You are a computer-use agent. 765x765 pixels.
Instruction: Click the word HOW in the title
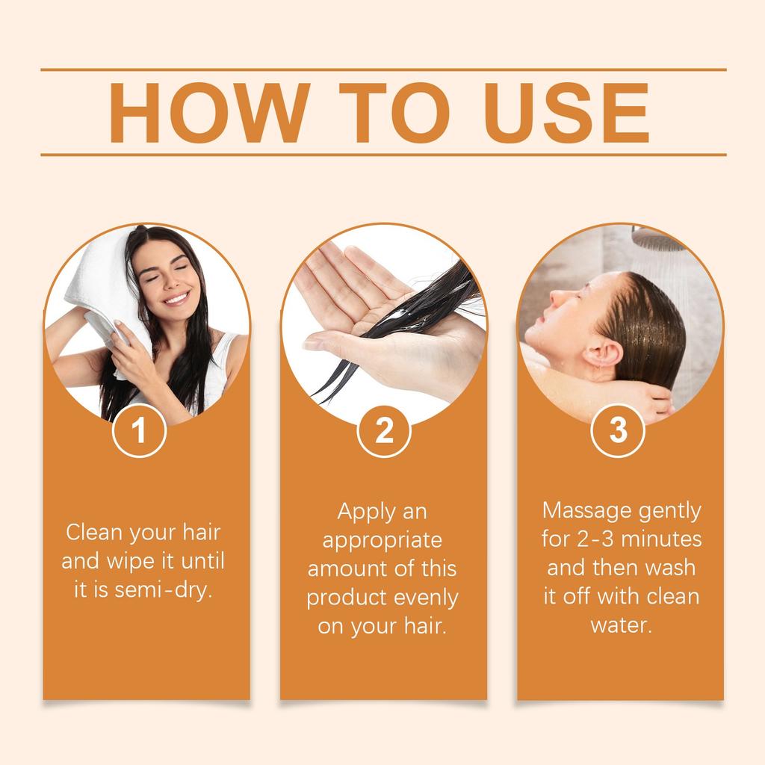tap(208, 113)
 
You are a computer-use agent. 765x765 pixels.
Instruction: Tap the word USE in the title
tap(565, 113)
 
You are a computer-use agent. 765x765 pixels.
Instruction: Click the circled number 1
tap(138, 431)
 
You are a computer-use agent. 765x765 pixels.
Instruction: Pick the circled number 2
tap(383, 431)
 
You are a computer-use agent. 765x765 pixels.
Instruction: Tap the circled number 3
tap(618, 431)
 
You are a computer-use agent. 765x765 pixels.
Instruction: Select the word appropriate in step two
tap(382, 539)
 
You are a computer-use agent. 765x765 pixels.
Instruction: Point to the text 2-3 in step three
tap(596, 539)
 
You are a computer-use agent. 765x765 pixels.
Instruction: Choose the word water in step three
tap(621, 625)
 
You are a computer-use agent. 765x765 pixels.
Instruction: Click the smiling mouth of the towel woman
tap(176, 298)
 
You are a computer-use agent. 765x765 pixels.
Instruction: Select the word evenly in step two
tap(425, 598)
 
